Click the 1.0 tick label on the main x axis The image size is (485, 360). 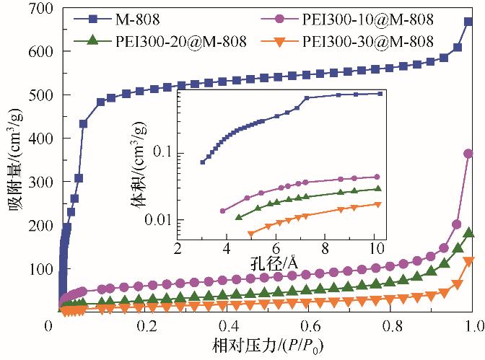[x=472, y=327]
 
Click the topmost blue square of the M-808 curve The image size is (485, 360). [x=468, y=22]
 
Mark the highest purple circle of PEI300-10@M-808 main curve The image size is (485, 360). [x=468, y=154]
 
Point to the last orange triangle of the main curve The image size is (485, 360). [x=468, y=261]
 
